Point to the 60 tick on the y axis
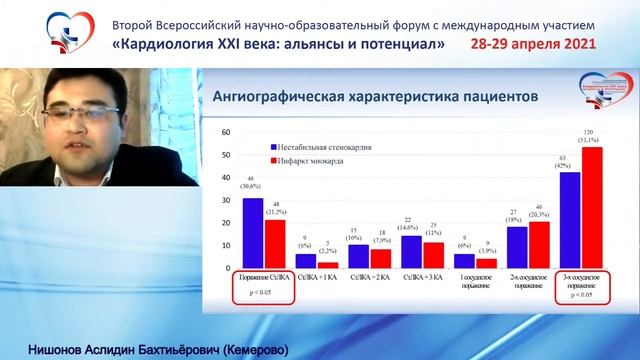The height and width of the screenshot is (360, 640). (227, 133)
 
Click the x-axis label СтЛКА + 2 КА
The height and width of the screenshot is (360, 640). (369, 278)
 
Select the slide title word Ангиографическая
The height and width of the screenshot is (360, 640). (268, 97)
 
